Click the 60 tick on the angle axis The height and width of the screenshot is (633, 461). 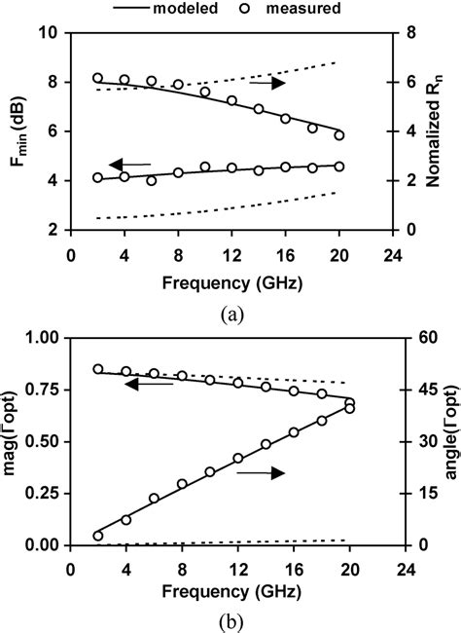pyautogui.click(x=412, y=338)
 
